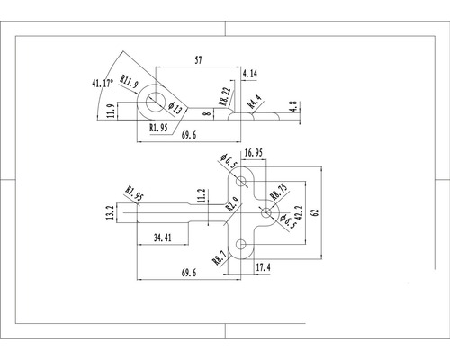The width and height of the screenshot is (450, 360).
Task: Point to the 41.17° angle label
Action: click(106, 85)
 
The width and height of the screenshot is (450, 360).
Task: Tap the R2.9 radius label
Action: click(232, 204)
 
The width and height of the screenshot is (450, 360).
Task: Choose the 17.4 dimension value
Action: click(263, 267)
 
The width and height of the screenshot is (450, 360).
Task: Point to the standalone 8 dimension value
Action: click(206, 115)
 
